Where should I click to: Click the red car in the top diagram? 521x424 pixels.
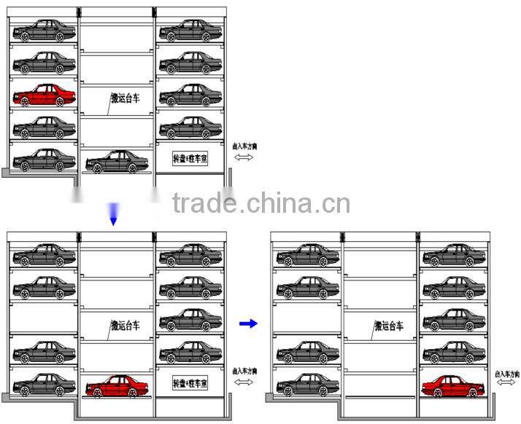(44, 95)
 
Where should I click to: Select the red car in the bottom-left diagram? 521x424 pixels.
(117, 388)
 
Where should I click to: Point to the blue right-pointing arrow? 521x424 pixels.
(249, 323)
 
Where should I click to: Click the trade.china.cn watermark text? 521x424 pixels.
(261, 203)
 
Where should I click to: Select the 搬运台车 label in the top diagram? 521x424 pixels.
(125, 98)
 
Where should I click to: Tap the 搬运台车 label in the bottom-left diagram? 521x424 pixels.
(125, 325)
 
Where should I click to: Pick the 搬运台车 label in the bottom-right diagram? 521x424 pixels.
(388, 326)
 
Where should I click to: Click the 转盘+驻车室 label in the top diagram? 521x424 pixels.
(190, 159)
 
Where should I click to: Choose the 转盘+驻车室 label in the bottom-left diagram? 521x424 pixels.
(190, 382)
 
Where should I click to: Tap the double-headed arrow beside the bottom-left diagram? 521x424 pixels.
(244, 382)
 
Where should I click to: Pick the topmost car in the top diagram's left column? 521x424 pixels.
(44, 31)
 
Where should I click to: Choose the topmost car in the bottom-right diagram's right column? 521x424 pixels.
(453, 256)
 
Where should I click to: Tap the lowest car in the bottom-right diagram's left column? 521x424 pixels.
(308, 384)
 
